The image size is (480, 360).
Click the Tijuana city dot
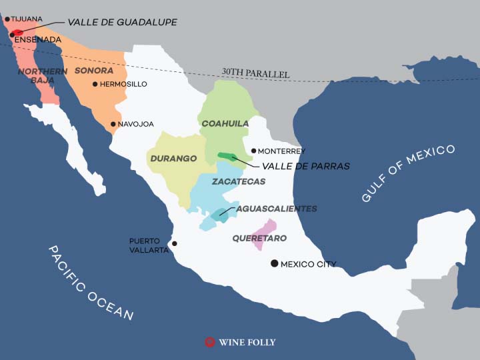point(7,19)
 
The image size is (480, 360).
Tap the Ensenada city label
point(37,40)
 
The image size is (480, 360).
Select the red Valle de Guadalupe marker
point(18,32)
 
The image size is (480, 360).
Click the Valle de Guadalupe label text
point(122,22)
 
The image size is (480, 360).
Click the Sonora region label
point(94,70)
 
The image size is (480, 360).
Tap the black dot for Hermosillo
point(95,84)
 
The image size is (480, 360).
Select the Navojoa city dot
point(113,124)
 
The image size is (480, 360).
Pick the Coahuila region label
point(225,123)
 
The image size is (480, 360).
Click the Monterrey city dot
point(253,151)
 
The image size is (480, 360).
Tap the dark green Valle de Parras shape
point(227,157)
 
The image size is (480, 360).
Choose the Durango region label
point(173,159)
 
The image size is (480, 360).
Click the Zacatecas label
point(239,181)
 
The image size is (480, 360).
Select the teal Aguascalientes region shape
point(220,215)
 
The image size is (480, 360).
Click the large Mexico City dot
point(274,263)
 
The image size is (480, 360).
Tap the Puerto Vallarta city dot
point(175,244)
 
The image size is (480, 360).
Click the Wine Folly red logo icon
point(210,342)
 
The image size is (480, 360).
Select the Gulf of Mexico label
point(408,173)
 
